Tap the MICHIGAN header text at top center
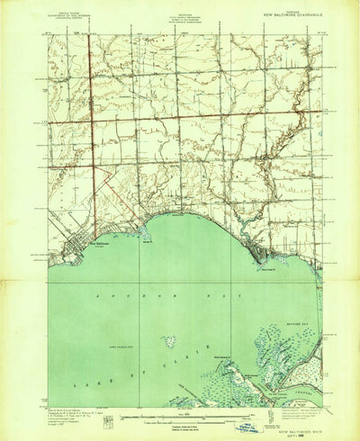coord(183,9)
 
